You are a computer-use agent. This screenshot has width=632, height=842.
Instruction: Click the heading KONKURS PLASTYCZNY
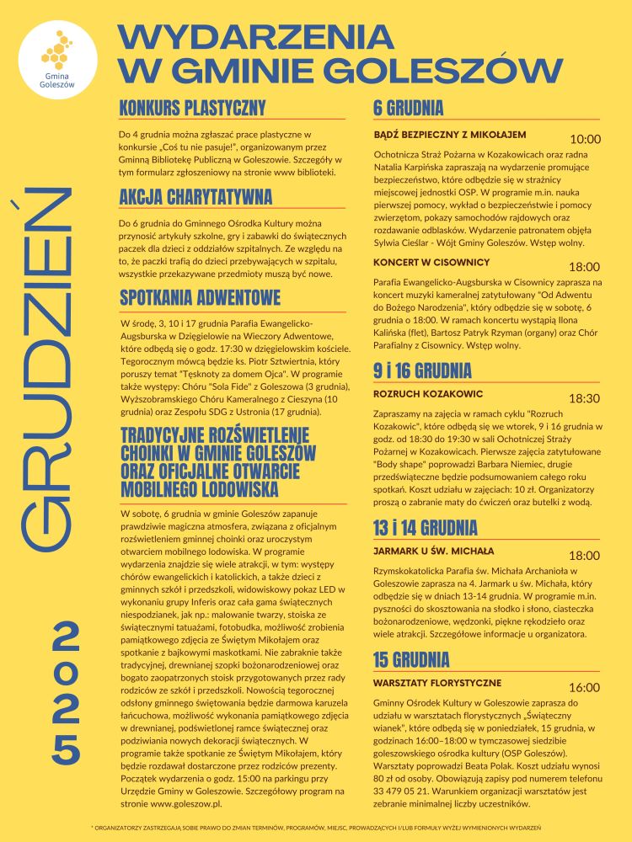pos(192,108)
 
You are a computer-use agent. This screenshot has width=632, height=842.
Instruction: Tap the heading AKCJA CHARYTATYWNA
pos(195,197)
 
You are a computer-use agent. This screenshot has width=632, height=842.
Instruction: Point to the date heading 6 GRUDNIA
pos(409,108)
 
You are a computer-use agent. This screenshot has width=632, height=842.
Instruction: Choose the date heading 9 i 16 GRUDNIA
pos(422,370)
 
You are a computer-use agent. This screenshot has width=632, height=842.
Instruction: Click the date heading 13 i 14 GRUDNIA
pos(426,528)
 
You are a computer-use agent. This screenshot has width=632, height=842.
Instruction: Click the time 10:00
pos(585,139)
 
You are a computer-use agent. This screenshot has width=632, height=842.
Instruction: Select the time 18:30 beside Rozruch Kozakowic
pos(585,398)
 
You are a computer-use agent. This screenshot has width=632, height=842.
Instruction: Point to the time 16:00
pos(585,687)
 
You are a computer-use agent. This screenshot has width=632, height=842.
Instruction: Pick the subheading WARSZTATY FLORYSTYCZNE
pos(437,683)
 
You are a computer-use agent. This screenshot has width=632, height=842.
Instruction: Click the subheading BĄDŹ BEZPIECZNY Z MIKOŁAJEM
pos(449,135)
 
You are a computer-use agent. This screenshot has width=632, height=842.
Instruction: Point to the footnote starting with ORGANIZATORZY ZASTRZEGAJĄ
pos(316,828)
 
